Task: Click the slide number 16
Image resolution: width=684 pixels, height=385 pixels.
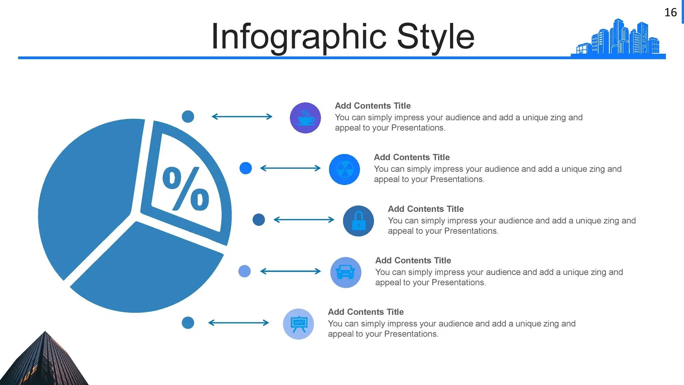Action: (x=670, y=12)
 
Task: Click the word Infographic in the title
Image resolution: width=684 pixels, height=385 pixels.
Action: (x=299, y=37)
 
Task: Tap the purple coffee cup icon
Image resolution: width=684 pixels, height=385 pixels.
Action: (x=305, y=118)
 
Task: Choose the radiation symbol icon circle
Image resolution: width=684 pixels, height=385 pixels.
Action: (x=344, y=169)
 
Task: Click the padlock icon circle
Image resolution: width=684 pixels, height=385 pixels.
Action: (x=358, y=221)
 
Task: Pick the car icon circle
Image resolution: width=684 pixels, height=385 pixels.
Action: (x=346, y=272)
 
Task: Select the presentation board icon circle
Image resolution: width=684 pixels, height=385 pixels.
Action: (x=299, y=324)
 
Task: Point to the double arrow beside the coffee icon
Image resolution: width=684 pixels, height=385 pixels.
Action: (x=242, y=117)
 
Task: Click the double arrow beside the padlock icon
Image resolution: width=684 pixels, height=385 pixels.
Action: (x=304, y=220)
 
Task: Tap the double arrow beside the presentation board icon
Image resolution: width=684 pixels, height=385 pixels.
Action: (x=239, y=323)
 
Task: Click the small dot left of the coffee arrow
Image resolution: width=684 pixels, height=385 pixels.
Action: (x=188, y=116)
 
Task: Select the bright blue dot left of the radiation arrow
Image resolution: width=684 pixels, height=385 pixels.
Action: (x=246, y=168)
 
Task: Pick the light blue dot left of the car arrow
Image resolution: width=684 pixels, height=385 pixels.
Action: (x=245, y=271)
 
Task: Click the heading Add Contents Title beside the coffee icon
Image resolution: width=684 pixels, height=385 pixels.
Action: (x=373, y=106)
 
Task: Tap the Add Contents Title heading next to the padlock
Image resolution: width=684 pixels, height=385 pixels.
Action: (x=426, y=209)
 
